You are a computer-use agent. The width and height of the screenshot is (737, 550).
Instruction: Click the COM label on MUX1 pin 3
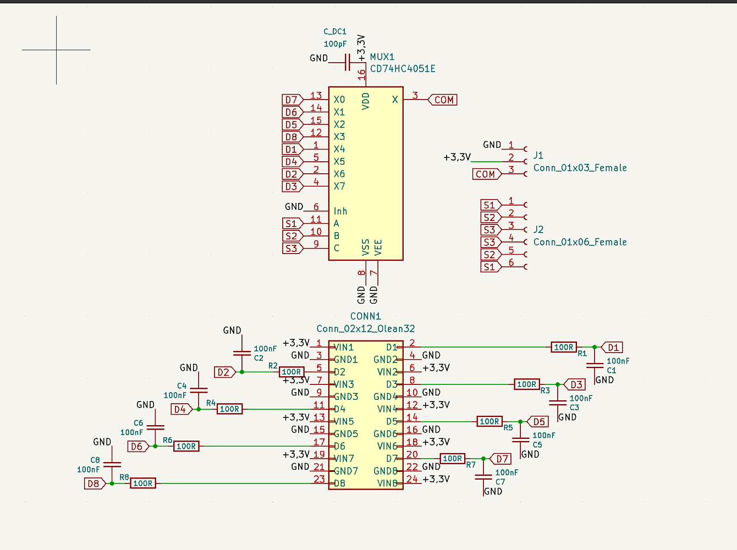tap(443, 100)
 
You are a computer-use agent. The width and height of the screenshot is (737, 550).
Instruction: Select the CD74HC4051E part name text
tap(403, 69)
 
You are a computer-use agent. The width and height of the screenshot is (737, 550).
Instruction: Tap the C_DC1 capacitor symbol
tap(348, 62)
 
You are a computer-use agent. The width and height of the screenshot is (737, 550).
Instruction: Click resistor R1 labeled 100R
tap(564, 347)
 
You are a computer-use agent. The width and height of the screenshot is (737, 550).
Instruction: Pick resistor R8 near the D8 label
tap(143, 483)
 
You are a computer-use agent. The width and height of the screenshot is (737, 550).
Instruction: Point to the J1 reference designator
tap(538, 155)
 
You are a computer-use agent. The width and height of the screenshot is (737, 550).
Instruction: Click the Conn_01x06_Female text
tap(580, 242)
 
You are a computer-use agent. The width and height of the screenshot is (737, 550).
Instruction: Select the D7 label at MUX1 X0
tap(291, 100)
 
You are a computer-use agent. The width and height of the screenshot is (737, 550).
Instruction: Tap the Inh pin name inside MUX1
tap(340, 211)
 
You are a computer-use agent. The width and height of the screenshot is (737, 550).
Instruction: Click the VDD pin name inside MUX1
tap(366, 101)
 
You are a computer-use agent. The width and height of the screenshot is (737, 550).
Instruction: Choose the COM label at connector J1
tap(486, 174)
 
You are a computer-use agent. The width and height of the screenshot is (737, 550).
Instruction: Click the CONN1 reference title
tap(366, 316)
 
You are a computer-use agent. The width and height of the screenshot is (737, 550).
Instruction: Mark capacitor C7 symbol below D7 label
tap(483, 476)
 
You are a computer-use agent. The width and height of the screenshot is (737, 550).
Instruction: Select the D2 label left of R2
tap(224, 372)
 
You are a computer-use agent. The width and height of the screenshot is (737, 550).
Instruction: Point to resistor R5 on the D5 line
tap(490, 422)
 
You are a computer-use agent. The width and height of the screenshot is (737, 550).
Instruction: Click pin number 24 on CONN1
tap(412, 479)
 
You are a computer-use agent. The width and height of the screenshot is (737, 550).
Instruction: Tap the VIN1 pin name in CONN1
tap(344, 348)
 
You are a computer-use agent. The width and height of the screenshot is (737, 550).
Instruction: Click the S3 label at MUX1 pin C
tap(291, 249)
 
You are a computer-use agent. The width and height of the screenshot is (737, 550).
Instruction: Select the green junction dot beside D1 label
tap(595, 347)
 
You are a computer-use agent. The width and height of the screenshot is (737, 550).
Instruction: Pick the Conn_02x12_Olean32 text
tap(366, 329)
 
